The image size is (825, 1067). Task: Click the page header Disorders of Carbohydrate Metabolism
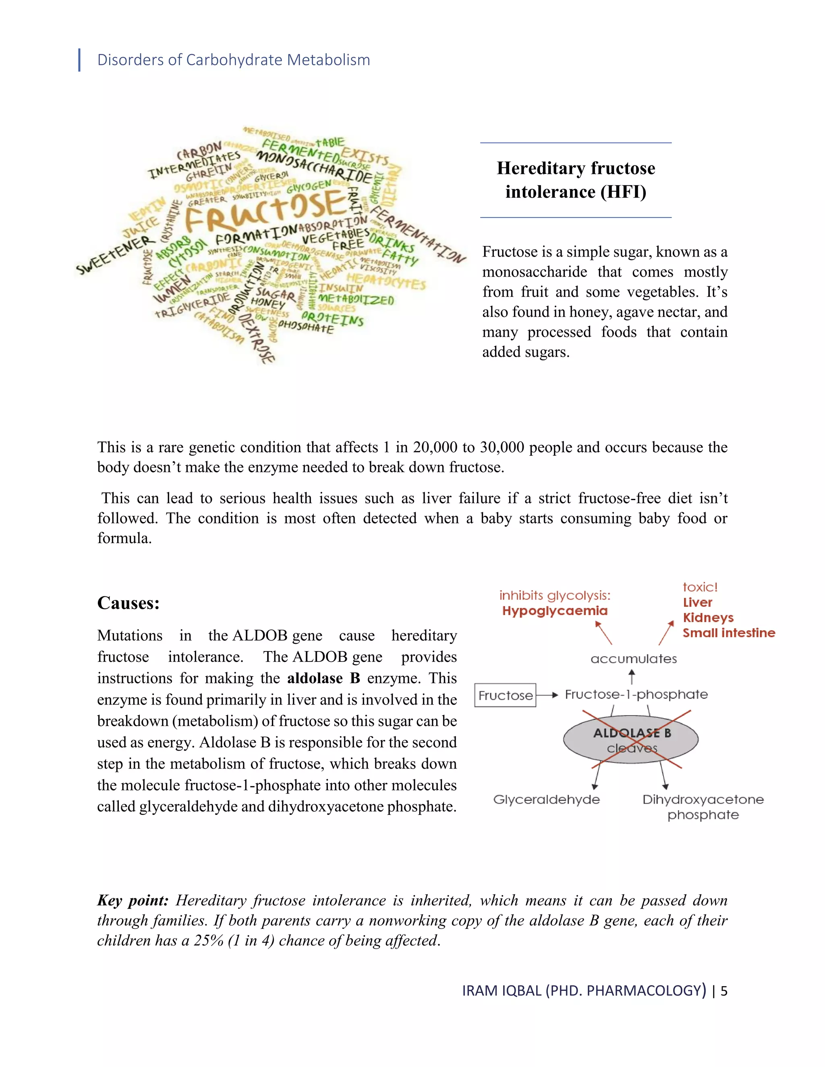tap(233, 60)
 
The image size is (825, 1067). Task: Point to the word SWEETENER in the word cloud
tap(115, 255)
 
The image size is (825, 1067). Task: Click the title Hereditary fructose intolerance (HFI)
tap(576, 180)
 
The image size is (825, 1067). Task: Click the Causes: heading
tap(129, 603)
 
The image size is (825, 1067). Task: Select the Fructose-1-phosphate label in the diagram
tap(636, 694)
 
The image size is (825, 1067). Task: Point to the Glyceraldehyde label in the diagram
tap(546, 799)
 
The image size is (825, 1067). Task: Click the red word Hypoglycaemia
tap(555, 611)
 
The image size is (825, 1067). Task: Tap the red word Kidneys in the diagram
tap(708, 618)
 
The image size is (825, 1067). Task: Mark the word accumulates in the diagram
tap(633, 659)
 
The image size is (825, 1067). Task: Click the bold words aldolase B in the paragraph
tap(323, 678)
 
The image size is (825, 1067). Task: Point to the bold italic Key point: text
tap(133, 900)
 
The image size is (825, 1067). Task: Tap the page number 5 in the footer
tap(724, 991)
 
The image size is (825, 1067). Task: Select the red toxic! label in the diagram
tap(699, 587)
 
